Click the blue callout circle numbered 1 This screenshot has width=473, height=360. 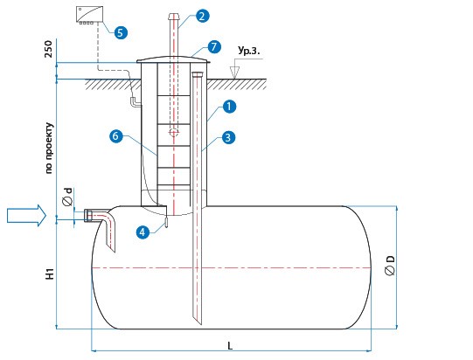(229, 107)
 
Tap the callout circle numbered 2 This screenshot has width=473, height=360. (202, 16)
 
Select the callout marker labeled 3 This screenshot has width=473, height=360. (228, 137)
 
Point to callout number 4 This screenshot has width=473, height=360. (143, 232)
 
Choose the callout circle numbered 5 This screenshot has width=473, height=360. (121, 32)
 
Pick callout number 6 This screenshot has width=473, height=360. (115, 136)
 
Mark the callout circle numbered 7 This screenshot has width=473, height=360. (214, 46)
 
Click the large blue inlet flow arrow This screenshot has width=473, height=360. (26, 215)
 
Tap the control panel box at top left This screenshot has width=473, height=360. (89, 15)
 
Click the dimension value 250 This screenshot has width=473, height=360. (48, 49)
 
